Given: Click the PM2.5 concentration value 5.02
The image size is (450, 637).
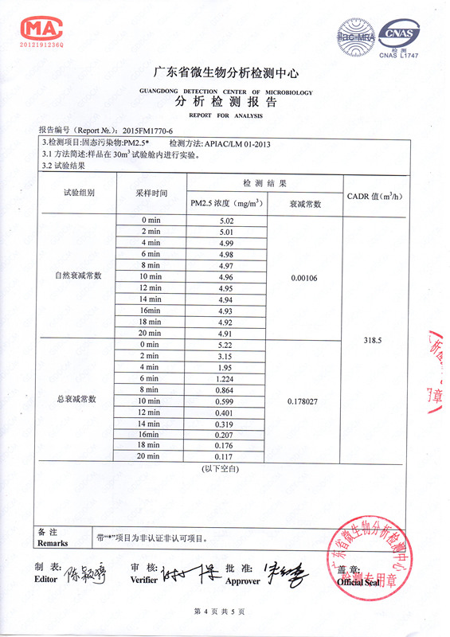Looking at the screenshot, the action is (x=226, y=220).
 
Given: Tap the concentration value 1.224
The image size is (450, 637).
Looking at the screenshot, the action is (x=226, y=379).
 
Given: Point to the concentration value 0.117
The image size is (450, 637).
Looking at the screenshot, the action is (x=226, y=456).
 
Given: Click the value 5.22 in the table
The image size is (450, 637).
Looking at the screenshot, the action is (x=226, y=344).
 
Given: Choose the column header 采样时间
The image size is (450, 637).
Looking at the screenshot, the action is (x=151, y=193).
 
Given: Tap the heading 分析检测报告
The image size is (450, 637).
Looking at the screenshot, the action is (x=225, y=103).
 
